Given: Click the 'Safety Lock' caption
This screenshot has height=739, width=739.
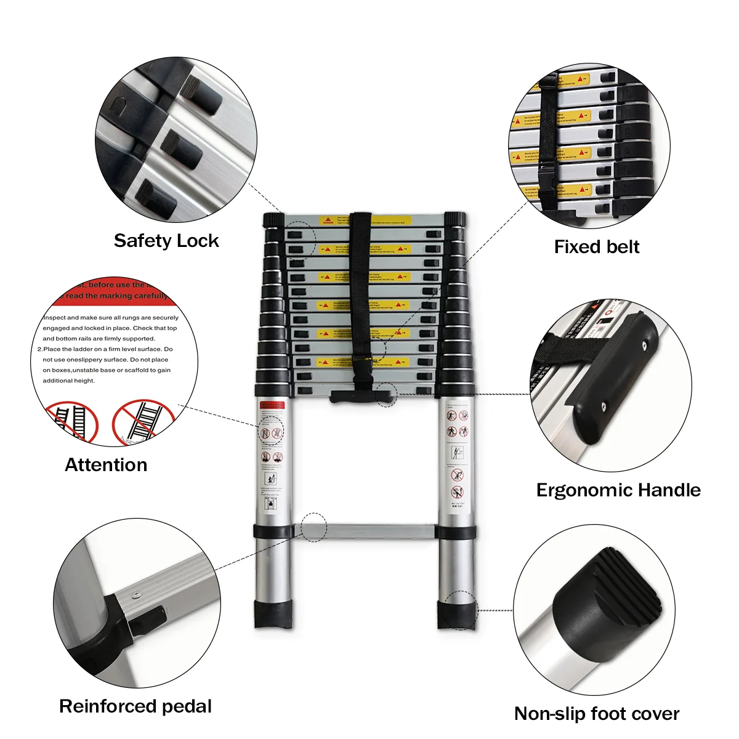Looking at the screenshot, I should pyautogui.click(x=166, y=241).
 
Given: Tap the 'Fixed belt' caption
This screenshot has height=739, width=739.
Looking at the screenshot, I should pyautogui.click(x=596, y=247).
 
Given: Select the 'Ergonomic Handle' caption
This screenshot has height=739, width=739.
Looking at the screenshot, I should pyautogui.click(x=618, y=490).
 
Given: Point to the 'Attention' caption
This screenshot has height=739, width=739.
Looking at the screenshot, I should pyautogui.click(x=106, y=465).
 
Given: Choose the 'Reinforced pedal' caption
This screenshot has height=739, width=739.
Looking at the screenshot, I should pyautogui.click(x=135, y=706).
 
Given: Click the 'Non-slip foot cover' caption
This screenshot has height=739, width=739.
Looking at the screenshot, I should pyautogui.click(x=596, y=714).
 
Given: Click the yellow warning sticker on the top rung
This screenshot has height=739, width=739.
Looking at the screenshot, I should pyautogui.click(x=365, y=220).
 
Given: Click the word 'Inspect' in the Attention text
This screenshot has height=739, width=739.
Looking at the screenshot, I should pyautogui.click(x=54, y=318).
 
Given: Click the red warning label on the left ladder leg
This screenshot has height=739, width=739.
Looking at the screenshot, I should pyautogui.click(x=272, y=406).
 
